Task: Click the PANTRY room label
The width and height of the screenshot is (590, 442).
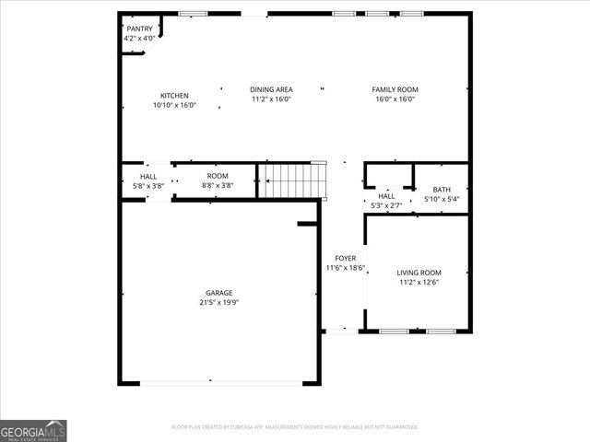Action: tap(139, 29)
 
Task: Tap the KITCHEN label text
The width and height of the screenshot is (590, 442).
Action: tap(174, 96)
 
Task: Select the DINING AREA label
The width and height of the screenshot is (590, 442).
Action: tap(271, 89)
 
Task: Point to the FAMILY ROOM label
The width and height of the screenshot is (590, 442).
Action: tap(395, 89)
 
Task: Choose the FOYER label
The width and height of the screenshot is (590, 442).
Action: tap(345, 259)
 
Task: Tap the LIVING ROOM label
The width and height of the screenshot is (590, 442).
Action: tap(419, 273)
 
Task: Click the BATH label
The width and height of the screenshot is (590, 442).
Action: tap(442, 189)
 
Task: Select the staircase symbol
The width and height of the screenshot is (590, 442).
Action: tap(292, 180)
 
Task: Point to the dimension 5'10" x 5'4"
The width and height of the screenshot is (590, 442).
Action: tap(442, 199)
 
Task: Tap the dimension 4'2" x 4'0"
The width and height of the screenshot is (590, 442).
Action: tap(139, 39)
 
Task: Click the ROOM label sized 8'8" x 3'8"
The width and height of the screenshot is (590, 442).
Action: tap(218, 176)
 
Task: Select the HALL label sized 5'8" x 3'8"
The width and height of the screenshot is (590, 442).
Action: tap(148, 176)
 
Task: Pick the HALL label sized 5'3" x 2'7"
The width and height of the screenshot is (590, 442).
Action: tap(386, 195)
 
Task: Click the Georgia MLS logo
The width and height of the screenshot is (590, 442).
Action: tap(33, 430)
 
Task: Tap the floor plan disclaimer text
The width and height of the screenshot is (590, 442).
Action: tap(295, 427)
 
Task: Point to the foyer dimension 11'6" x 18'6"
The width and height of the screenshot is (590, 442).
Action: tap(345, 268)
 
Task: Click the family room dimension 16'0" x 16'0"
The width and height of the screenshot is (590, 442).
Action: tap(395, 99)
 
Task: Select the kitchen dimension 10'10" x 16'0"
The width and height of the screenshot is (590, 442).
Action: tap(174, 105)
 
